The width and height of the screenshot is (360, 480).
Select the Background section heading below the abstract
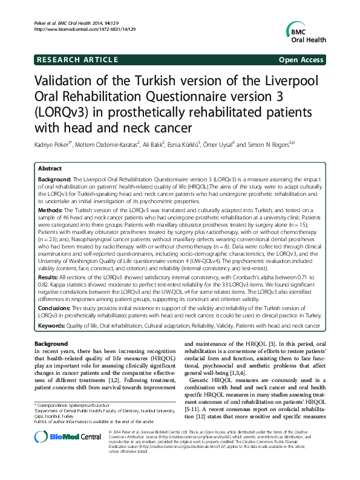(51, 344)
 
